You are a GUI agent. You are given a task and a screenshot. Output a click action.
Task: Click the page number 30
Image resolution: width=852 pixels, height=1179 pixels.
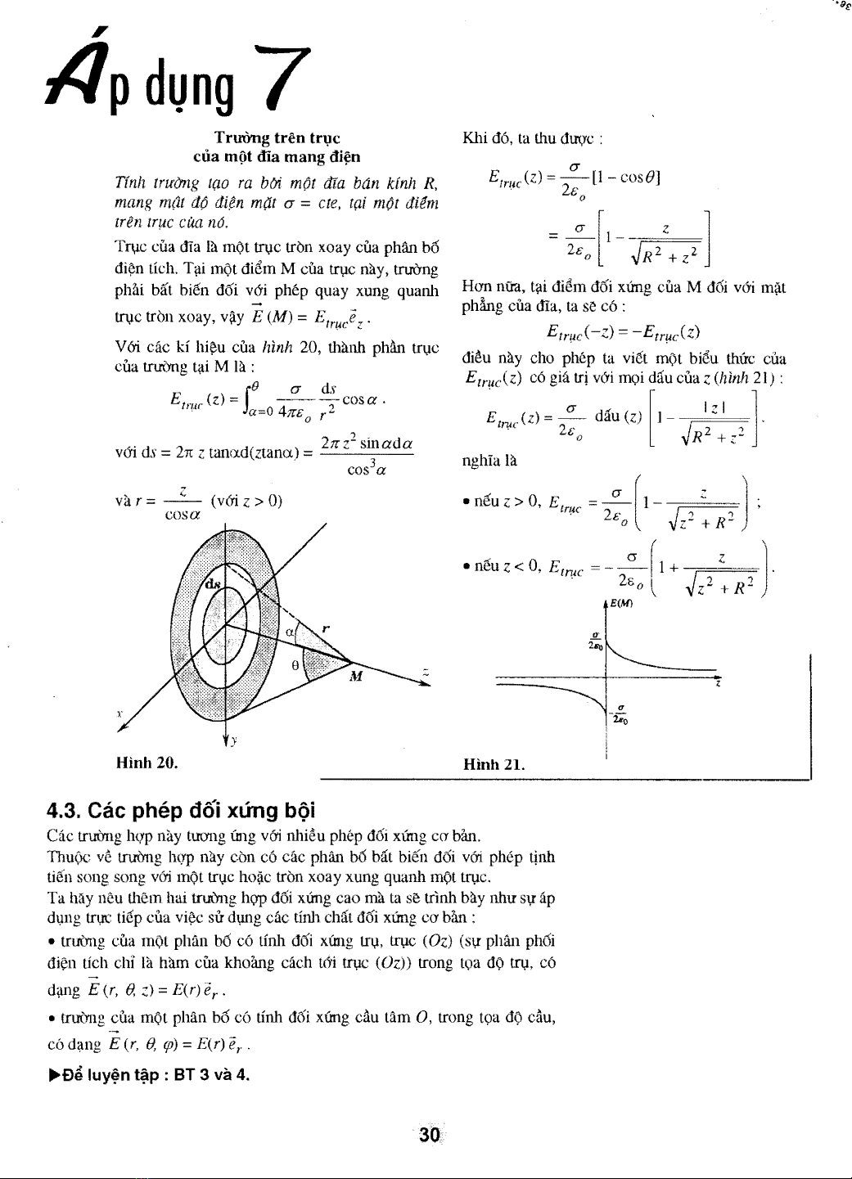coord(430,1134)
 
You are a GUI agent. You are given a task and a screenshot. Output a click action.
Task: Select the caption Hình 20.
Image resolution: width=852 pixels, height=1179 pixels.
coord(147,763)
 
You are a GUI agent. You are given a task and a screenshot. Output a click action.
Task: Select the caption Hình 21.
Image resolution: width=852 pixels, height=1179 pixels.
coord(494,765)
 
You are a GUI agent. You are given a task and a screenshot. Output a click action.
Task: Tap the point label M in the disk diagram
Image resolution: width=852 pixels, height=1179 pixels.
coord(356,676)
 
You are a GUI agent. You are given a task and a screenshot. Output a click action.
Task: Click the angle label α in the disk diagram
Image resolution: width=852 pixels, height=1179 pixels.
coord(290,632)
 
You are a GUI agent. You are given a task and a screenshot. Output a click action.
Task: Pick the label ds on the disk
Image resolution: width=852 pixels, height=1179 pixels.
coord(213,585)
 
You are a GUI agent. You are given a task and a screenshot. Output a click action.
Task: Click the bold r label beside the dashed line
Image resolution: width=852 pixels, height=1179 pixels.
coord(326,628)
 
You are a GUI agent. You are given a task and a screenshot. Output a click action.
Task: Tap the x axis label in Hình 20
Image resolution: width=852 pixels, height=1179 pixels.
coord(119,714)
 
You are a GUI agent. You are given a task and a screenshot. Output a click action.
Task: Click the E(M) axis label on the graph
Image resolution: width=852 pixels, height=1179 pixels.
coord(621,604)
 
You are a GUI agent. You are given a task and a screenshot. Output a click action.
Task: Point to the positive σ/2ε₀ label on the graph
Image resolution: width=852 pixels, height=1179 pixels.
coord(596,641)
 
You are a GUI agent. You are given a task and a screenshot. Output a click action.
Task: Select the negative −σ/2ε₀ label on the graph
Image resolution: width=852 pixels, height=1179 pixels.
coord(620,714)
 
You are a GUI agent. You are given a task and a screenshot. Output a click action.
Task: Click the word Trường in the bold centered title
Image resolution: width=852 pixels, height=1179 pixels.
coord(242,137)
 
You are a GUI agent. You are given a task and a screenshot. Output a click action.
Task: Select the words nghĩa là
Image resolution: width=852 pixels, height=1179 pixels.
coord(489,460)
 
